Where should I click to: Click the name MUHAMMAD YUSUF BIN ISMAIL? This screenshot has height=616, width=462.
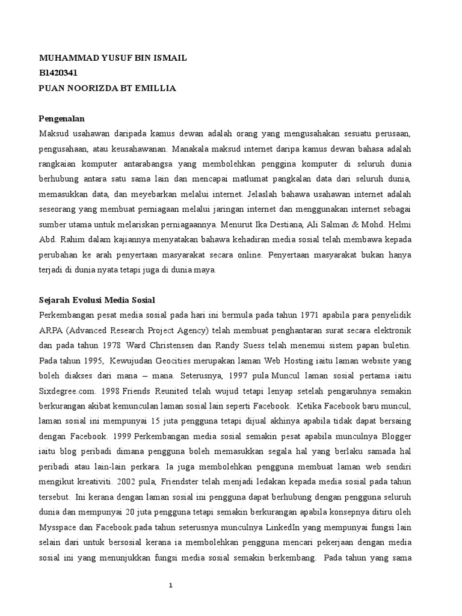(112, 58)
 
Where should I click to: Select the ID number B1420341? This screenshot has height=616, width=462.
(59, 73)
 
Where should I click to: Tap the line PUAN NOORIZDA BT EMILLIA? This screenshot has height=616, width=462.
(107, 88)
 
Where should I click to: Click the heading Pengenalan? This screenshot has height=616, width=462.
(62, 119)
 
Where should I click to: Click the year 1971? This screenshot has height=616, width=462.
(310, 315)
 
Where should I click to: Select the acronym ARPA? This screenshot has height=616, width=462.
(51, 330)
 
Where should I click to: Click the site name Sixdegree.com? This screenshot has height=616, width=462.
(67, 391)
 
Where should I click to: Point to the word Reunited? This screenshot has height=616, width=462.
(159, 391)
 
